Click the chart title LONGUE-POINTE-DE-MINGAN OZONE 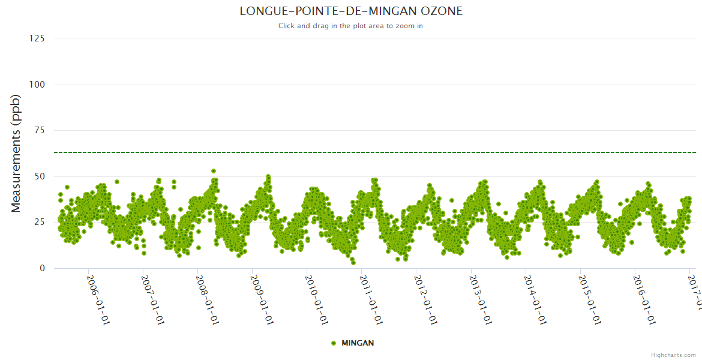[x=351, y=11]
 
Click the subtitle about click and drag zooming [x=351, y=26]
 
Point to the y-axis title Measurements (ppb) [x=16, y=153]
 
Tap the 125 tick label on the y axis [x=37, y=38]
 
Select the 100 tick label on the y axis [x=37, y=85]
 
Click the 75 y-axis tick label [x=39, y=130]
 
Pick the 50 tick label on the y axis [x=39, y=176]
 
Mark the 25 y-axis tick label [x=39, y=223]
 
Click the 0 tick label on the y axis [x=41, y=268]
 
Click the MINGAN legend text [x=358, y=343]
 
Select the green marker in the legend [x=334, y=343]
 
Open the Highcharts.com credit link [x=673, y=355]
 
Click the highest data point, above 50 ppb [x=214, y=171]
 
